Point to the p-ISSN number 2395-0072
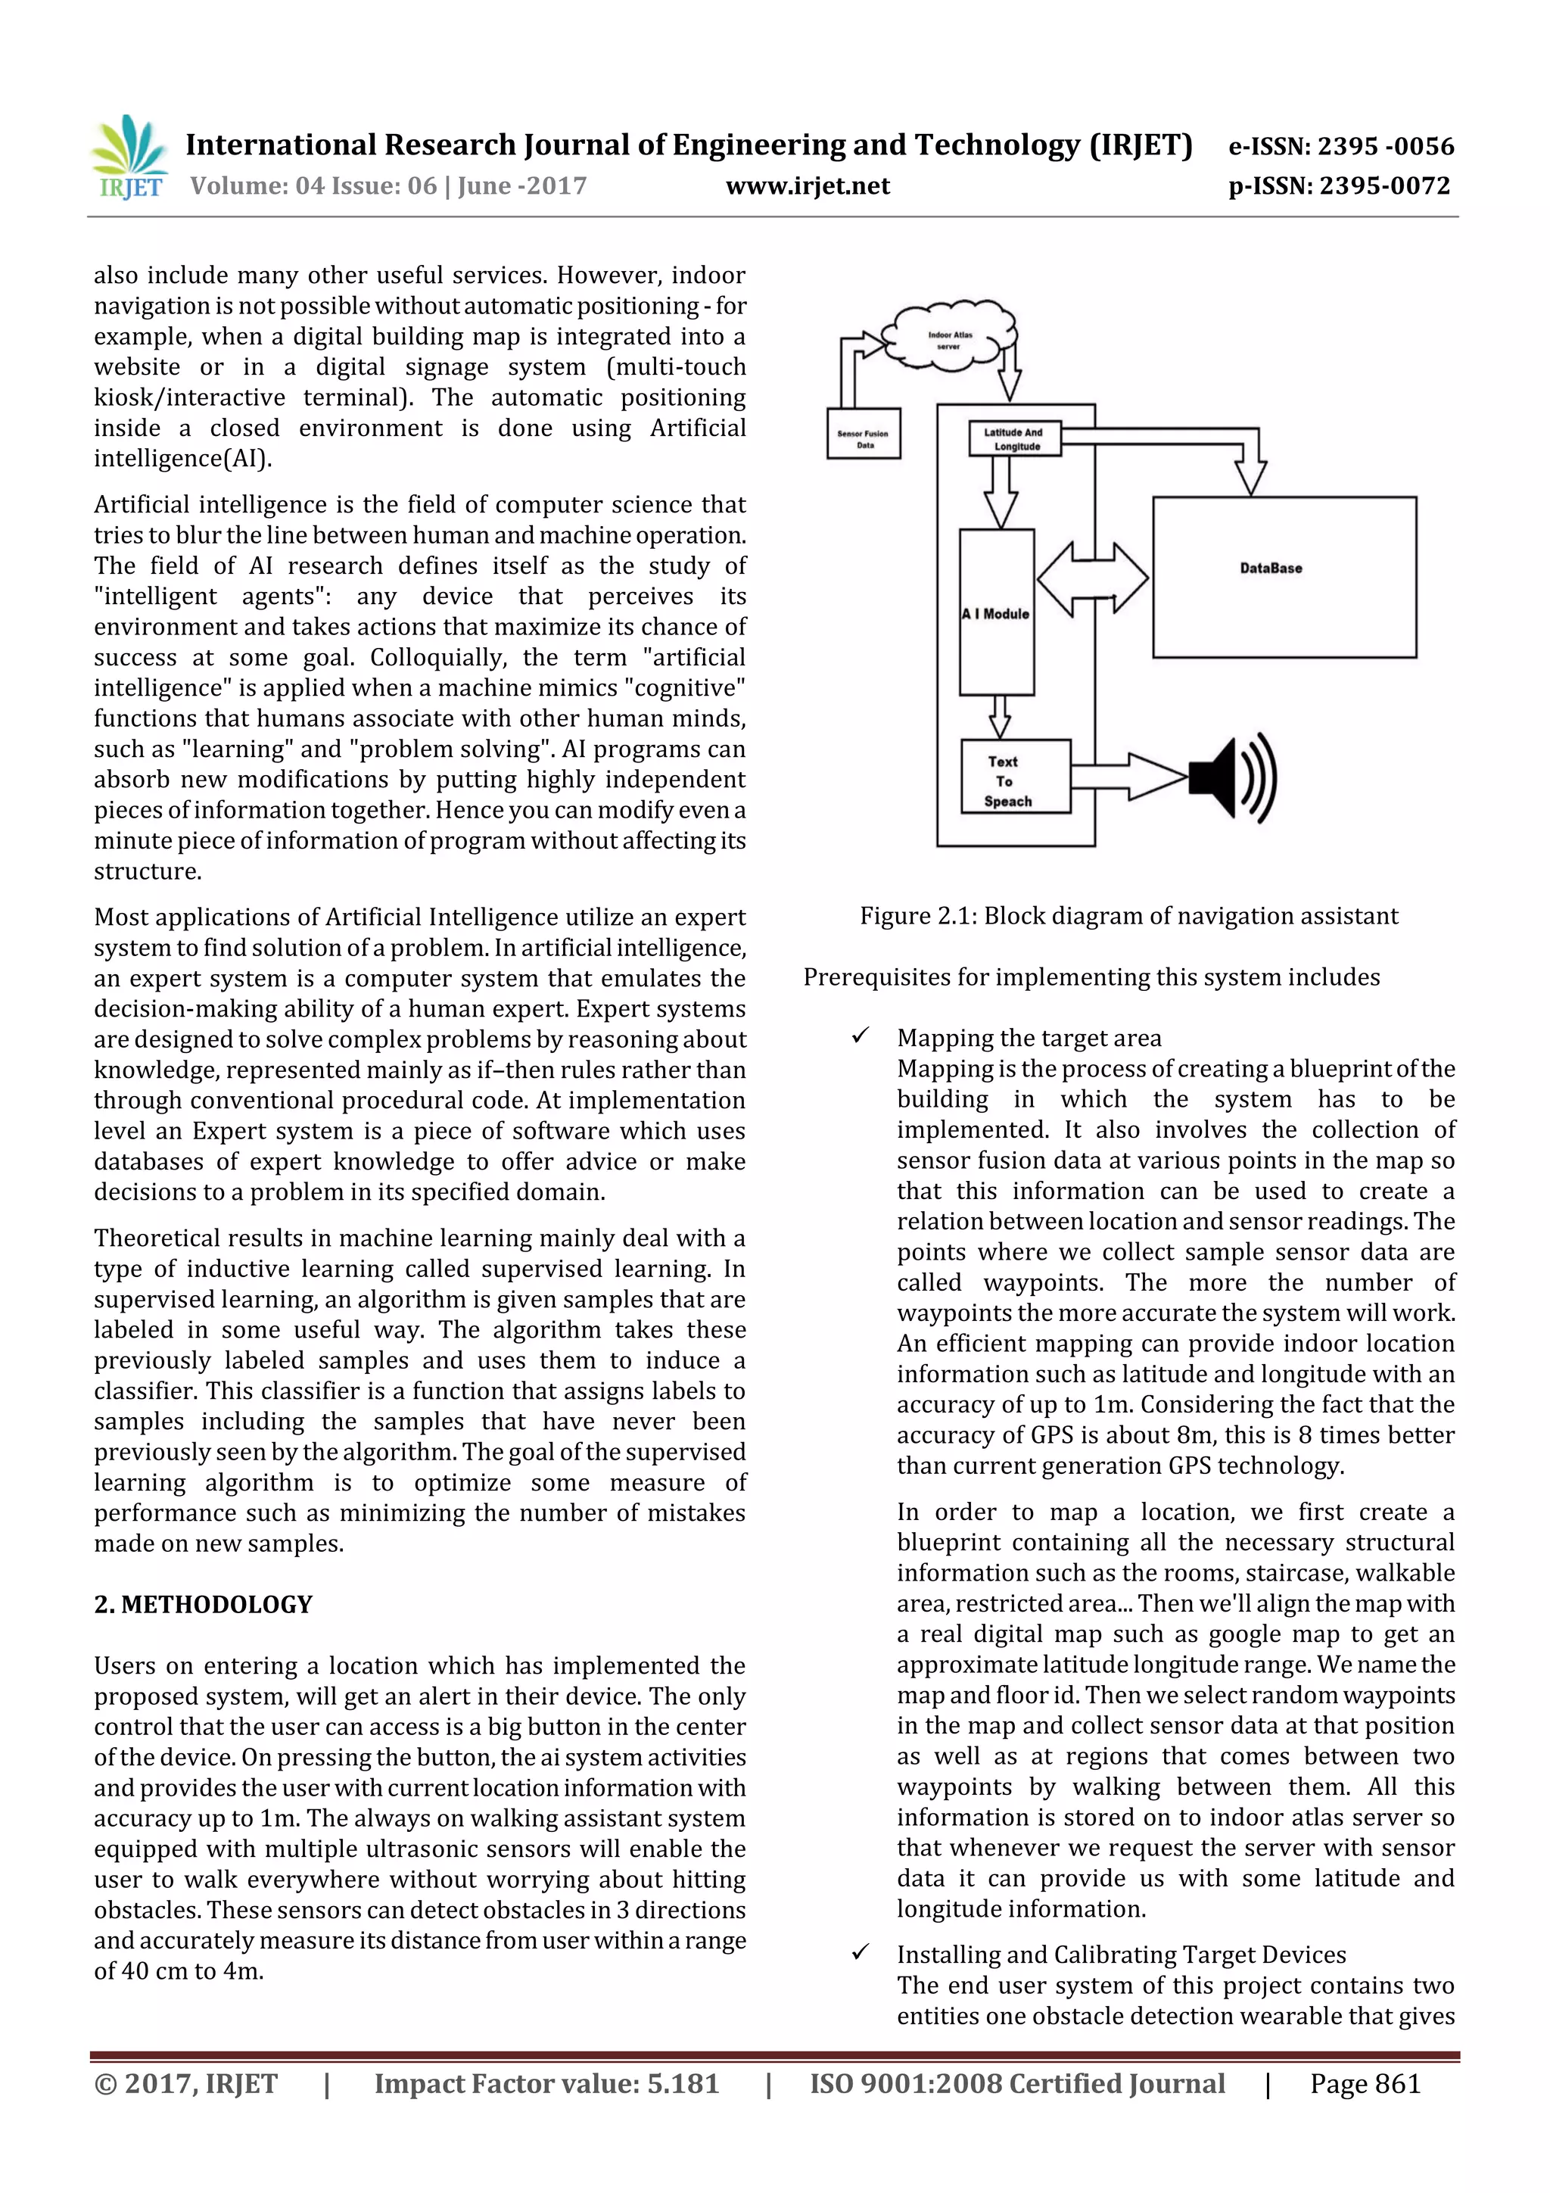(1338, 186)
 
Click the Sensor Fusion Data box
(864, 435)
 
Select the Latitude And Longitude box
(1014, 438)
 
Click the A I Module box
(996, 612)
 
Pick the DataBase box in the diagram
(1284, 577)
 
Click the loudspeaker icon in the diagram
(1232, 777)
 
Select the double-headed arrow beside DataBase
(1093, 579)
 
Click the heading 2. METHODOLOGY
(203, 1605)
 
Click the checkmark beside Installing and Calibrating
(861, 1952)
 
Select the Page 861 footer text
(1365, 2084)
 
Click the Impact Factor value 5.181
(546, 2084)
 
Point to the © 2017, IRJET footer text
(185, 2084)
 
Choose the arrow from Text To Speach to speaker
(1129, 776)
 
